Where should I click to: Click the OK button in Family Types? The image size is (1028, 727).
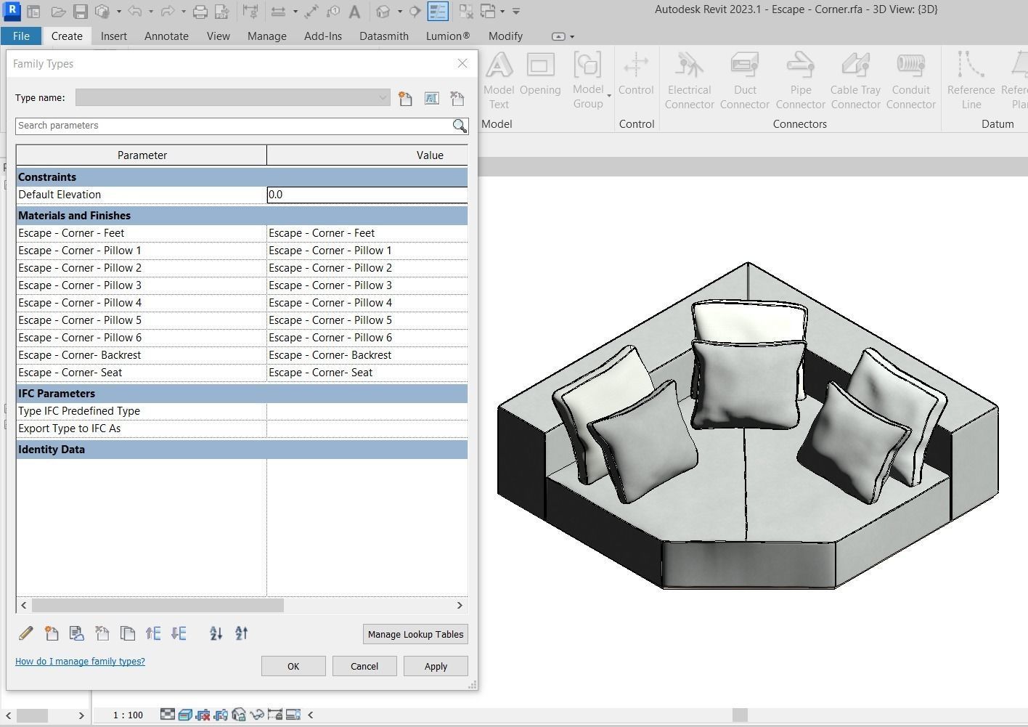[x=293, y=666]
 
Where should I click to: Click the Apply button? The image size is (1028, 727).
[x=436, y=666]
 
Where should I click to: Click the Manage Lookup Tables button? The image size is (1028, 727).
[x=415, y=634]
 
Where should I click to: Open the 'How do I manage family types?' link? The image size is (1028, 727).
[x=80, y=661]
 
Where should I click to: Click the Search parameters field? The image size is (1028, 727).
[x=232, y=126]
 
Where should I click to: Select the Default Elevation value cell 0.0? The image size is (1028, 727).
[x=367, y=195]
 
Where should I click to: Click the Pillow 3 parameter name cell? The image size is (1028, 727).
[x=142, y=285]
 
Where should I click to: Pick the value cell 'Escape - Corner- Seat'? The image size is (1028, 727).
[x=367, y=373]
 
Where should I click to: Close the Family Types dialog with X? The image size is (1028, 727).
[x=462, y=63]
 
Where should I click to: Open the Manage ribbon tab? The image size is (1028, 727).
[x=266, y=36]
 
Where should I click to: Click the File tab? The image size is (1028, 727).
[x=21, y=36]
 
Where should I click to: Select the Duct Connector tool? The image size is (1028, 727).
[x=744, y=80]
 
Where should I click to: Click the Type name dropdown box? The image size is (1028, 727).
[x=232, y=97]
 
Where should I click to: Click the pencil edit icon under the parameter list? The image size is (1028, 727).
[x=25, y=633]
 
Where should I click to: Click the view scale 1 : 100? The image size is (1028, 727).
[x=128, y=715]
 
